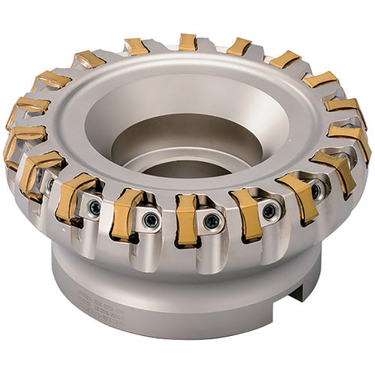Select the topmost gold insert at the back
click(x=187, y=42)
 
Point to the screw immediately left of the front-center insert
click(x=152, y=220)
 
